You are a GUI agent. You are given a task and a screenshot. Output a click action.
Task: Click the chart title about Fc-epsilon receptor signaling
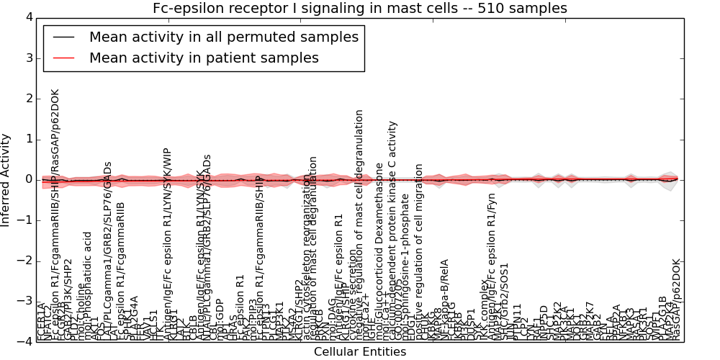point(360,8)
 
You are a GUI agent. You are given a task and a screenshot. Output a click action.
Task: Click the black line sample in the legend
point(63,36)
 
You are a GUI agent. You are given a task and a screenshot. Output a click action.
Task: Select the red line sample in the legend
point(63,58)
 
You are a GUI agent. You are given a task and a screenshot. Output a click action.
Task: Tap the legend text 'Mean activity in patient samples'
point(204,58)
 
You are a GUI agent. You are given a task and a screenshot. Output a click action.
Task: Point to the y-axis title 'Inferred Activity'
point(6,180)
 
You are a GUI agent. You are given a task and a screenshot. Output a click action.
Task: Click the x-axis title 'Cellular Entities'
point(360,352)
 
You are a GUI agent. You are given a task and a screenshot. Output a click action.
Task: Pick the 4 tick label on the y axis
point(28,17)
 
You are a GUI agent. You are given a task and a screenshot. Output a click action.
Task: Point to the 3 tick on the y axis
point(28,58)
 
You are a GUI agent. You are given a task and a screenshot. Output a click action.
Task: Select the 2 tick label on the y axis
point(28,99)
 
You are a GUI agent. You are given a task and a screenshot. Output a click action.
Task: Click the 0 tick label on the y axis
point(28,179)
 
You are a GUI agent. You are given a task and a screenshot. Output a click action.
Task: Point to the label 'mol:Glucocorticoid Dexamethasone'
point(379,252)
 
